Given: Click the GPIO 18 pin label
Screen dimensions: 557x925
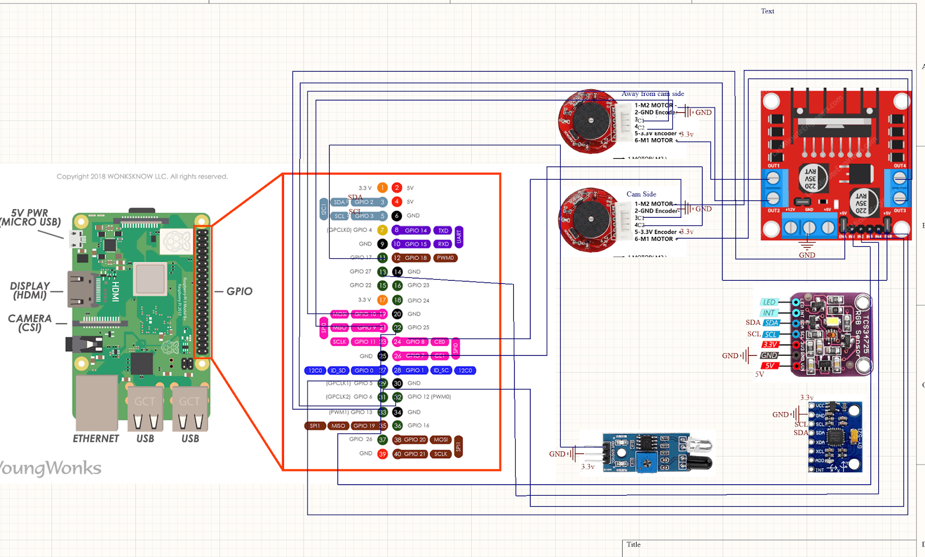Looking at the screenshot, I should pos(416,258).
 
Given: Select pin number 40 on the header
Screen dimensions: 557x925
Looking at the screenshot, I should pos(397,454).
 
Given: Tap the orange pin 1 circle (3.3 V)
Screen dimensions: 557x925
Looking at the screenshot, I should pos(382,188).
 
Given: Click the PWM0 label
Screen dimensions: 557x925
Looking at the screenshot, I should pos(445,258).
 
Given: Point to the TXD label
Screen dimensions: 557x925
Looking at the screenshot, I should pos(443,230).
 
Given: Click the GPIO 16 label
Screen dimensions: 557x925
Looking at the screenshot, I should pos(418,425).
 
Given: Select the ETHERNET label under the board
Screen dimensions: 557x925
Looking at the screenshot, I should pos(96,439).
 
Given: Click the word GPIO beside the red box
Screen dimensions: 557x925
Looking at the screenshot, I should pos(239,291).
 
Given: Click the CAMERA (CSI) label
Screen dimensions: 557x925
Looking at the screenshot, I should pos(29,323).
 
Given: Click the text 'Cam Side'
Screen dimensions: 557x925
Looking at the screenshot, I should pos(641,194).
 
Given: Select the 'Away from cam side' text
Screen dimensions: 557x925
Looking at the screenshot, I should pos(652,94).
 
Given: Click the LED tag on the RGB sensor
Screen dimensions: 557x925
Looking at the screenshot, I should pos(768,302).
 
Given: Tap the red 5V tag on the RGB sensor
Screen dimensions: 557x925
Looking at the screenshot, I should pos(769,366).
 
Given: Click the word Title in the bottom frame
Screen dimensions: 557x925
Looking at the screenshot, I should pos(633,544).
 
